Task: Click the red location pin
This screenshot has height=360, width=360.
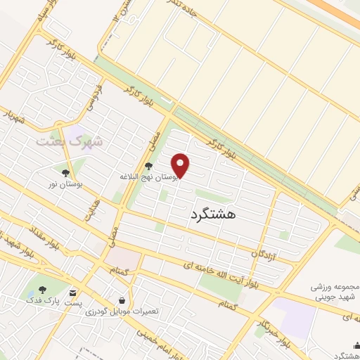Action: [x=181, y=165]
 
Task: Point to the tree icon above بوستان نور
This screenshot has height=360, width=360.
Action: [x=65, y=172]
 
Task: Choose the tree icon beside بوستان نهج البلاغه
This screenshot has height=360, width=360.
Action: [x=148, y=167]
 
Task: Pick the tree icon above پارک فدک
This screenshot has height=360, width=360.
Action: [x=42, y=289]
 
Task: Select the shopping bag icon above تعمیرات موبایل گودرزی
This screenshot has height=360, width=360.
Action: [x=123, y=300]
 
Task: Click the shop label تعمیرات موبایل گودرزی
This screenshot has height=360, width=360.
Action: [x=126, y=311]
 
